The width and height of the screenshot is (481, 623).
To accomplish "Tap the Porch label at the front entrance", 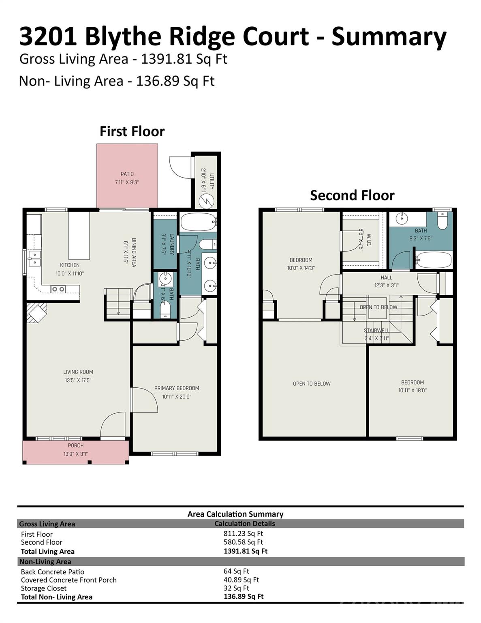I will (x=75, y=445).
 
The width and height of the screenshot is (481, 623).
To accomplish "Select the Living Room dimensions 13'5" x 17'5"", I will (x=78, y=380).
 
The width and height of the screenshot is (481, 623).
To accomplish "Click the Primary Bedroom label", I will (x=177, y=388).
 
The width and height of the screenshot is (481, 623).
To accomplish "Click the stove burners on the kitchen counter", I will (x=58, y=289).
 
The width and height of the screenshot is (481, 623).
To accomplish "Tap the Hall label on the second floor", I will (x=386, y=278).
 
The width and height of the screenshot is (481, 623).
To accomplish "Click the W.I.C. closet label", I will (x=369, y=241).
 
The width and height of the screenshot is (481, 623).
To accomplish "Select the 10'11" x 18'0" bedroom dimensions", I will (x=412, y=391).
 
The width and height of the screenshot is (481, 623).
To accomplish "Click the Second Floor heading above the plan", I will (x=352, y=195).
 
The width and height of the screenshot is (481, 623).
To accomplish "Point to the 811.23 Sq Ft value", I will (x=243, y=534).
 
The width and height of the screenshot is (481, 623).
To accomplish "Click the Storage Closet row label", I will (x=44, y=589).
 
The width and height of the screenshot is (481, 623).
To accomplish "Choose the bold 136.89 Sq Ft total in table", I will (x=244, y=597).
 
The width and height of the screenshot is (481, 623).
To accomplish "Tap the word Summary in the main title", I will (x=389, y=37).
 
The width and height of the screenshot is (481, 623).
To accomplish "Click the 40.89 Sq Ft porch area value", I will (x=241, y=580).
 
